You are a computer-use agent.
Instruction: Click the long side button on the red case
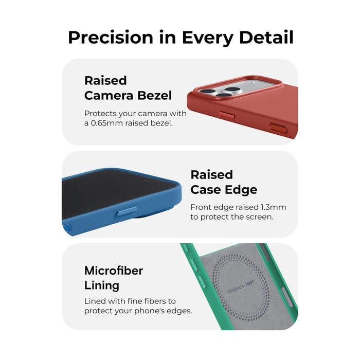pyautogui.click(x=226, y=115)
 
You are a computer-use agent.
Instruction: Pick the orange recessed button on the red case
pyautogui.click(x=278, y=127)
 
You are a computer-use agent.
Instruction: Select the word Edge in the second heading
pyautogui.click(x=240, y=189)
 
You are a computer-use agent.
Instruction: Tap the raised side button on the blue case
pyautogui.click(x=127, y=211)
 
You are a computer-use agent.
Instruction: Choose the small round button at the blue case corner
pyautogui.click(x=66, y=227)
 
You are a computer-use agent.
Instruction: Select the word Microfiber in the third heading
pyautogui.click(x=114, y=271)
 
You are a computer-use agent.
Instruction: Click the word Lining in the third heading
pyautogui.click(x=102, y=285)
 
